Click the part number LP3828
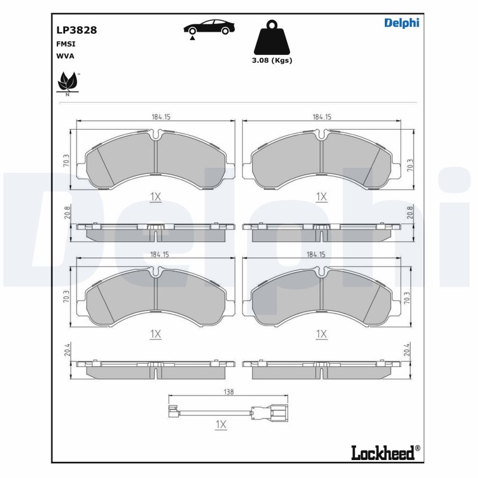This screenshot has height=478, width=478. (x=76, y=30)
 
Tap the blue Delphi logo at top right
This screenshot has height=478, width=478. (x=401, y=23)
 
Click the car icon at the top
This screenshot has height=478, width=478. (x=209, y=29)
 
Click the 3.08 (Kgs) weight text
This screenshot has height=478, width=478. (x=272, y=60)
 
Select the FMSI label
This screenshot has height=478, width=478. (x=66, y=44)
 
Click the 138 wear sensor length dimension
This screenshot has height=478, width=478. (x=228, y=392)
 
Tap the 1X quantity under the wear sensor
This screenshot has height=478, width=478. (x=221, y=424)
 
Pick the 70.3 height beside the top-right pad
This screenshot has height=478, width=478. (x=409, y=165)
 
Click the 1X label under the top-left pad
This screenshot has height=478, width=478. (x=155, y=197)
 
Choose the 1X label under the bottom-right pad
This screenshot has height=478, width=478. (x=321, y=334)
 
